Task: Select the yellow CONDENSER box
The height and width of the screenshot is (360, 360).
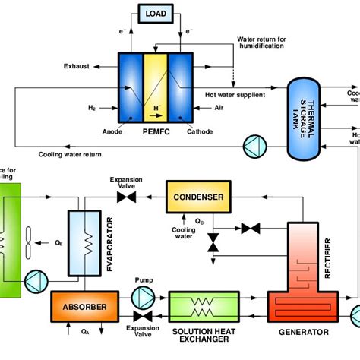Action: tap(198, 197)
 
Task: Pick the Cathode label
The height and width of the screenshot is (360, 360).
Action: tap(200, 131)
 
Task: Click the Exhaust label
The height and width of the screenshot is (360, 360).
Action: tap(77, 67)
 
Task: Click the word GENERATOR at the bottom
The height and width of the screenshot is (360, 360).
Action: tap(304, 332)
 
